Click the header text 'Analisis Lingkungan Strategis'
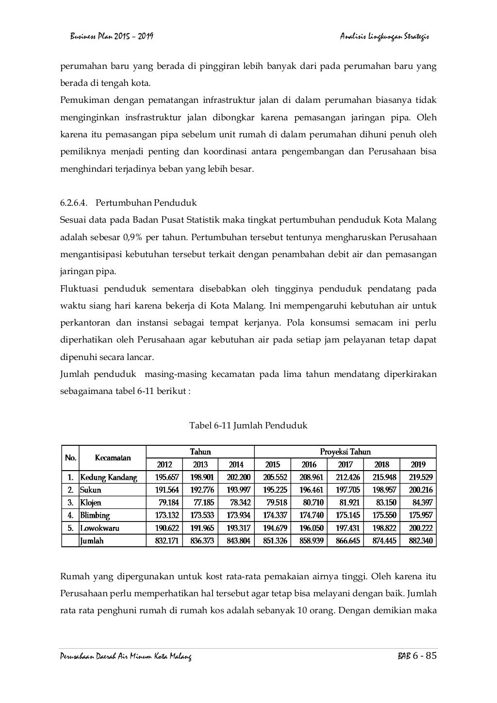point(385,36)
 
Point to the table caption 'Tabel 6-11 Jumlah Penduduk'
point(248,425)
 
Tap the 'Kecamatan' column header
point(113,458)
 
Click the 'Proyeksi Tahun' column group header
point(345,451)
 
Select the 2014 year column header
point(236,464)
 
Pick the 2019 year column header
point(418,464)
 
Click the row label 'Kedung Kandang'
point(109,477)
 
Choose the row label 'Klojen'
point(91,503)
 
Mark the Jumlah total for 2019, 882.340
point(420,540)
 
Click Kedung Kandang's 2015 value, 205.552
point(275,477)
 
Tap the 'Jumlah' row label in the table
point(92,540)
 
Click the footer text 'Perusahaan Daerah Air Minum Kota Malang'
point(126,657)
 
